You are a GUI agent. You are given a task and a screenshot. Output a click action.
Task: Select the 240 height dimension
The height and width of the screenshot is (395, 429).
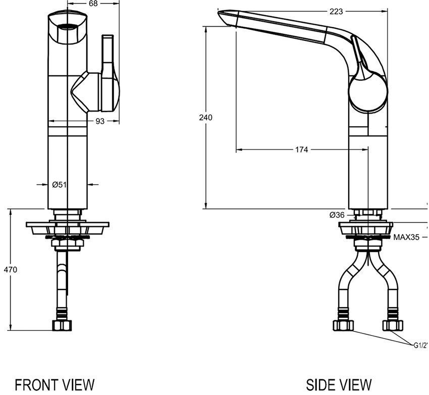[206, 118]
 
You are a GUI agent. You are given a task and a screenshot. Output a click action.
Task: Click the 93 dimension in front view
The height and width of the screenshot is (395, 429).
[100, 121]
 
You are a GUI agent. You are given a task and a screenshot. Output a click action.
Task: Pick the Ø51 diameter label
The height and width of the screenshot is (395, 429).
[60, 185]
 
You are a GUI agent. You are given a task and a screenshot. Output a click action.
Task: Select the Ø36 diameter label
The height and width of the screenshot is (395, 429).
[337, 215]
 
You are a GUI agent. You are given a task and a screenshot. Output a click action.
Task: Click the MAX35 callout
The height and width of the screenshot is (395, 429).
[407, 237]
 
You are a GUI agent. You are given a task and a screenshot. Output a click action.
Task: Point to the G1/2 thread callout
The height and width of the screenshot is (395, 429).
[420, 346]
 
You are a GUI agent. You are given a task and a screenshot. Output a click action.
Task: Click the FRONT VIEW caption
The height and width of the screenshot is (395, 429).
[55, 384]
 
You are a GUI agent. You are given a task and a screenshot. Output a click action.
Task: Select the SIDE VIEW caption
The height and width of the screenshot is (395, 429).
[340, 384]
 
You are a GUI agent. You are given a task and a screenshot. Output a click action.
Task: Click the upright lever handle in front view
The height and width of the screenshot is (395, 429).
[109, 55]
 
